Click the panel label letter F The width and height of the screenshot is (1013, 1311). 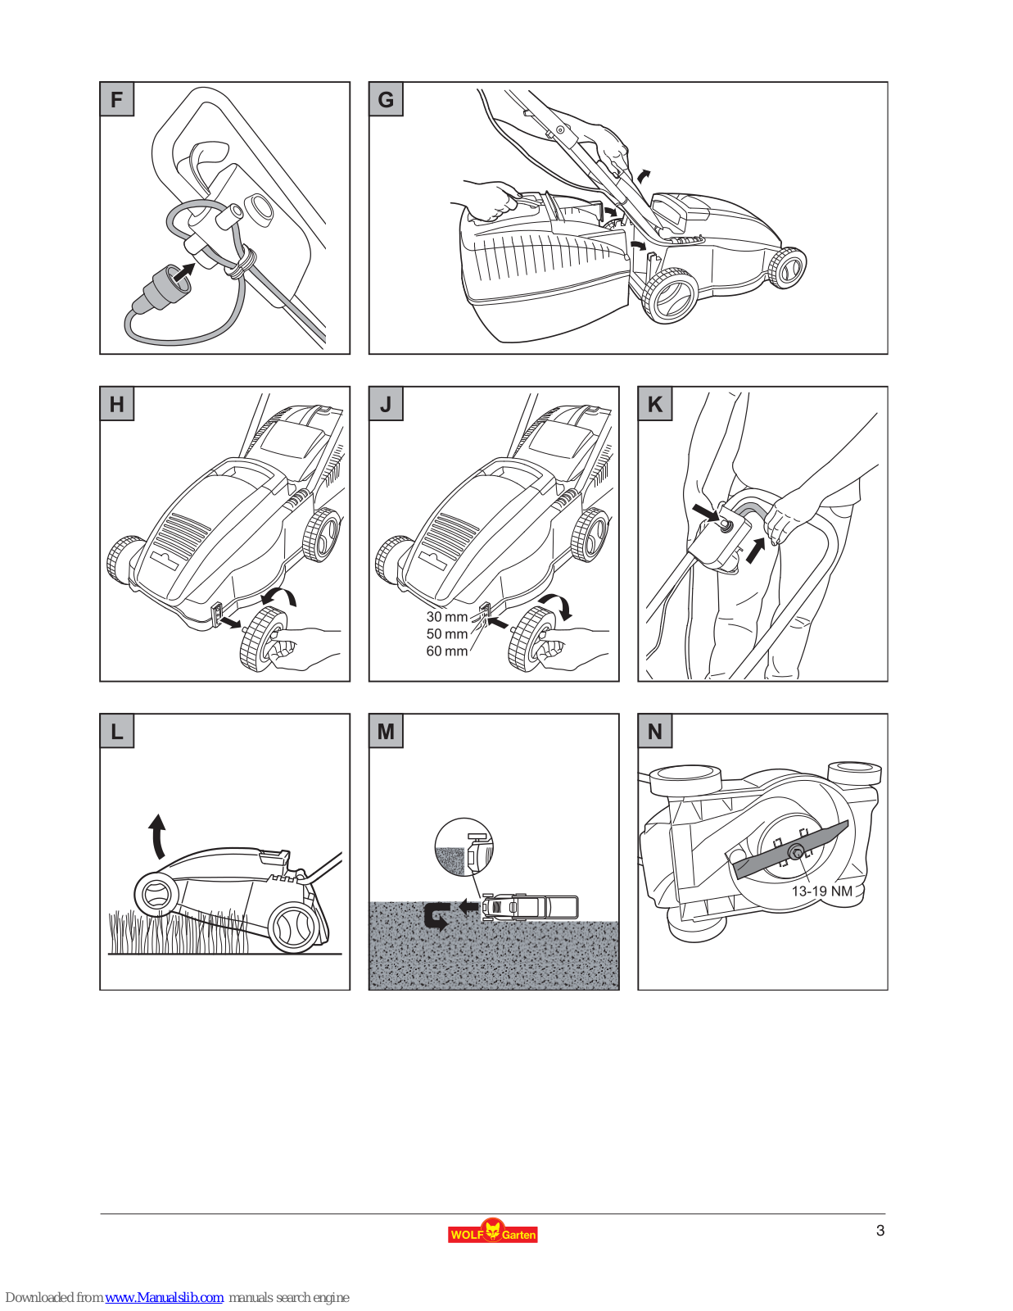[117, 100]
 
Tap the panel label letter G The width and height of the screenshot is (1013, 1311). [386, 100]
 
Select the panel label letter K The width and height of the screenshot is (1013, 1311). [655, 404]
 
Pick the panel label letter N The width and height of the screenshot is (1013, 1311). [655, 732]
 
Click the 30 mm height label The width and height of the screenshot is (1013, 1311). [446, 617]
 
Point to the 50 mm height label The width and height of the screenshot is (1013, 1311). [446, 634]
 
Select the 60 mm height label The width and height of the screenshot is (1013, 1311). [446, 651]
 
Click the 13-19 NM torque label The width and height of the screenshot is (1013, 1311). [821, 891]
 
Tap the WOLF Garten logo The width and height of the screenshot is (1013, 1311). [492, 1232]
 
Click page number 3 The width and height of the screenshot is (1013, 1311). [880, 1231]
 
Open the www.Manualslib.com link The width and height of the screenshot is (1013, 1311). [164, 1298]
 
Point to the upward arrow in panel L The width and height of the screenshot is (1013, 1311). [156, 836]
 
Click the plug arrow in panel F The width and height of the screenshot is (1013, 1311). [185, 272]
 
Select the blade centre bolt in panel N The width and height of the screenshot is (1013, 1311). [797, 853]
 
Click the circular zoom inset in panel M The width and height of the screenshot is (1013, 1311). [464, 847]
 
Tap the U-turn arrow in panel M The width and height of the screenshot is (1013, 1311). [436, 916]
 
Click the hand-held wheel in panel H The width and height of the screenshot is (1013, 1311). [262, 639]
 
